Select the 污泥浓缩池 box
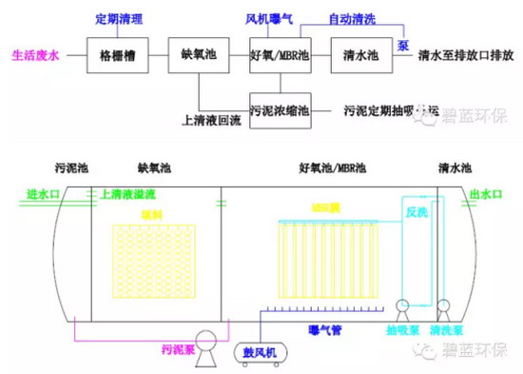(x=280, y=109)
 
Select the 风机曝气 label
(x=269, y=18)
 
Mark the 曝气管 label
(x=322, y=330)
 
